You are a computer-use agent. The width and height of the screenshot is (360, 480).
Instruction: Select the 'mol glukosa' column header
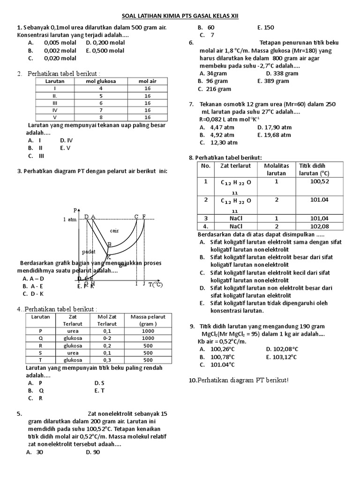tap(101, 81)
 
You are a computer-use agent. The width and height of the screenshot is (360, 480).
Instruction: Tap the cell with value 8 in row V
tap(101, 117)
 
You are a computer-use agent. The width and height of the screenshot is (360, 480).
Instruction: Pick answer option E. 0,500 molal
tap(105, 51)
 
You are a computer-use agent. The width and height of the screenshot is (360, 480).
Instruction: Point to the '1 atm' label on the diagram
tap(70, 219)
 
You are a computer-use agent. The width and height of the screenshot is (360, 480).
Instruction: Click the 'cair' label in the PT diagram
tap(114, 231)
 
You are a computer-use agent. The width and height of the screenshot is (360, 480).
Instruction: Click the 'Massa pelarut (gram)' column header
tap(148, 320)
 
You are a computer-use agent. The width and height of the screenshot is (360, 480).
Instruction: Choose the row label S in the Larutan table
tap(41, 352)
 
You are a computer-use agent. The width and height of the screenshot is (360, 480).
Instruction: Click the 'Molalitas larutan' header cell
tap(277, 169)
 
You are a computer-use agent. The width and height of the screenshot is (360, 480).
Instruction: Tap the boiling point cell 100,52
tap(320, 181)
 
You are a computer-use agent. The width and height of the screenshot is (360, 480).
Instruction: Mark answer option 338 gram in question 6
tap(282, 73)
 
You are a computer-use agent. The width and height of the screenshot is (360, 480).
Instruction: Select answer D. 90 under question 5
tap(93, 452)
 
